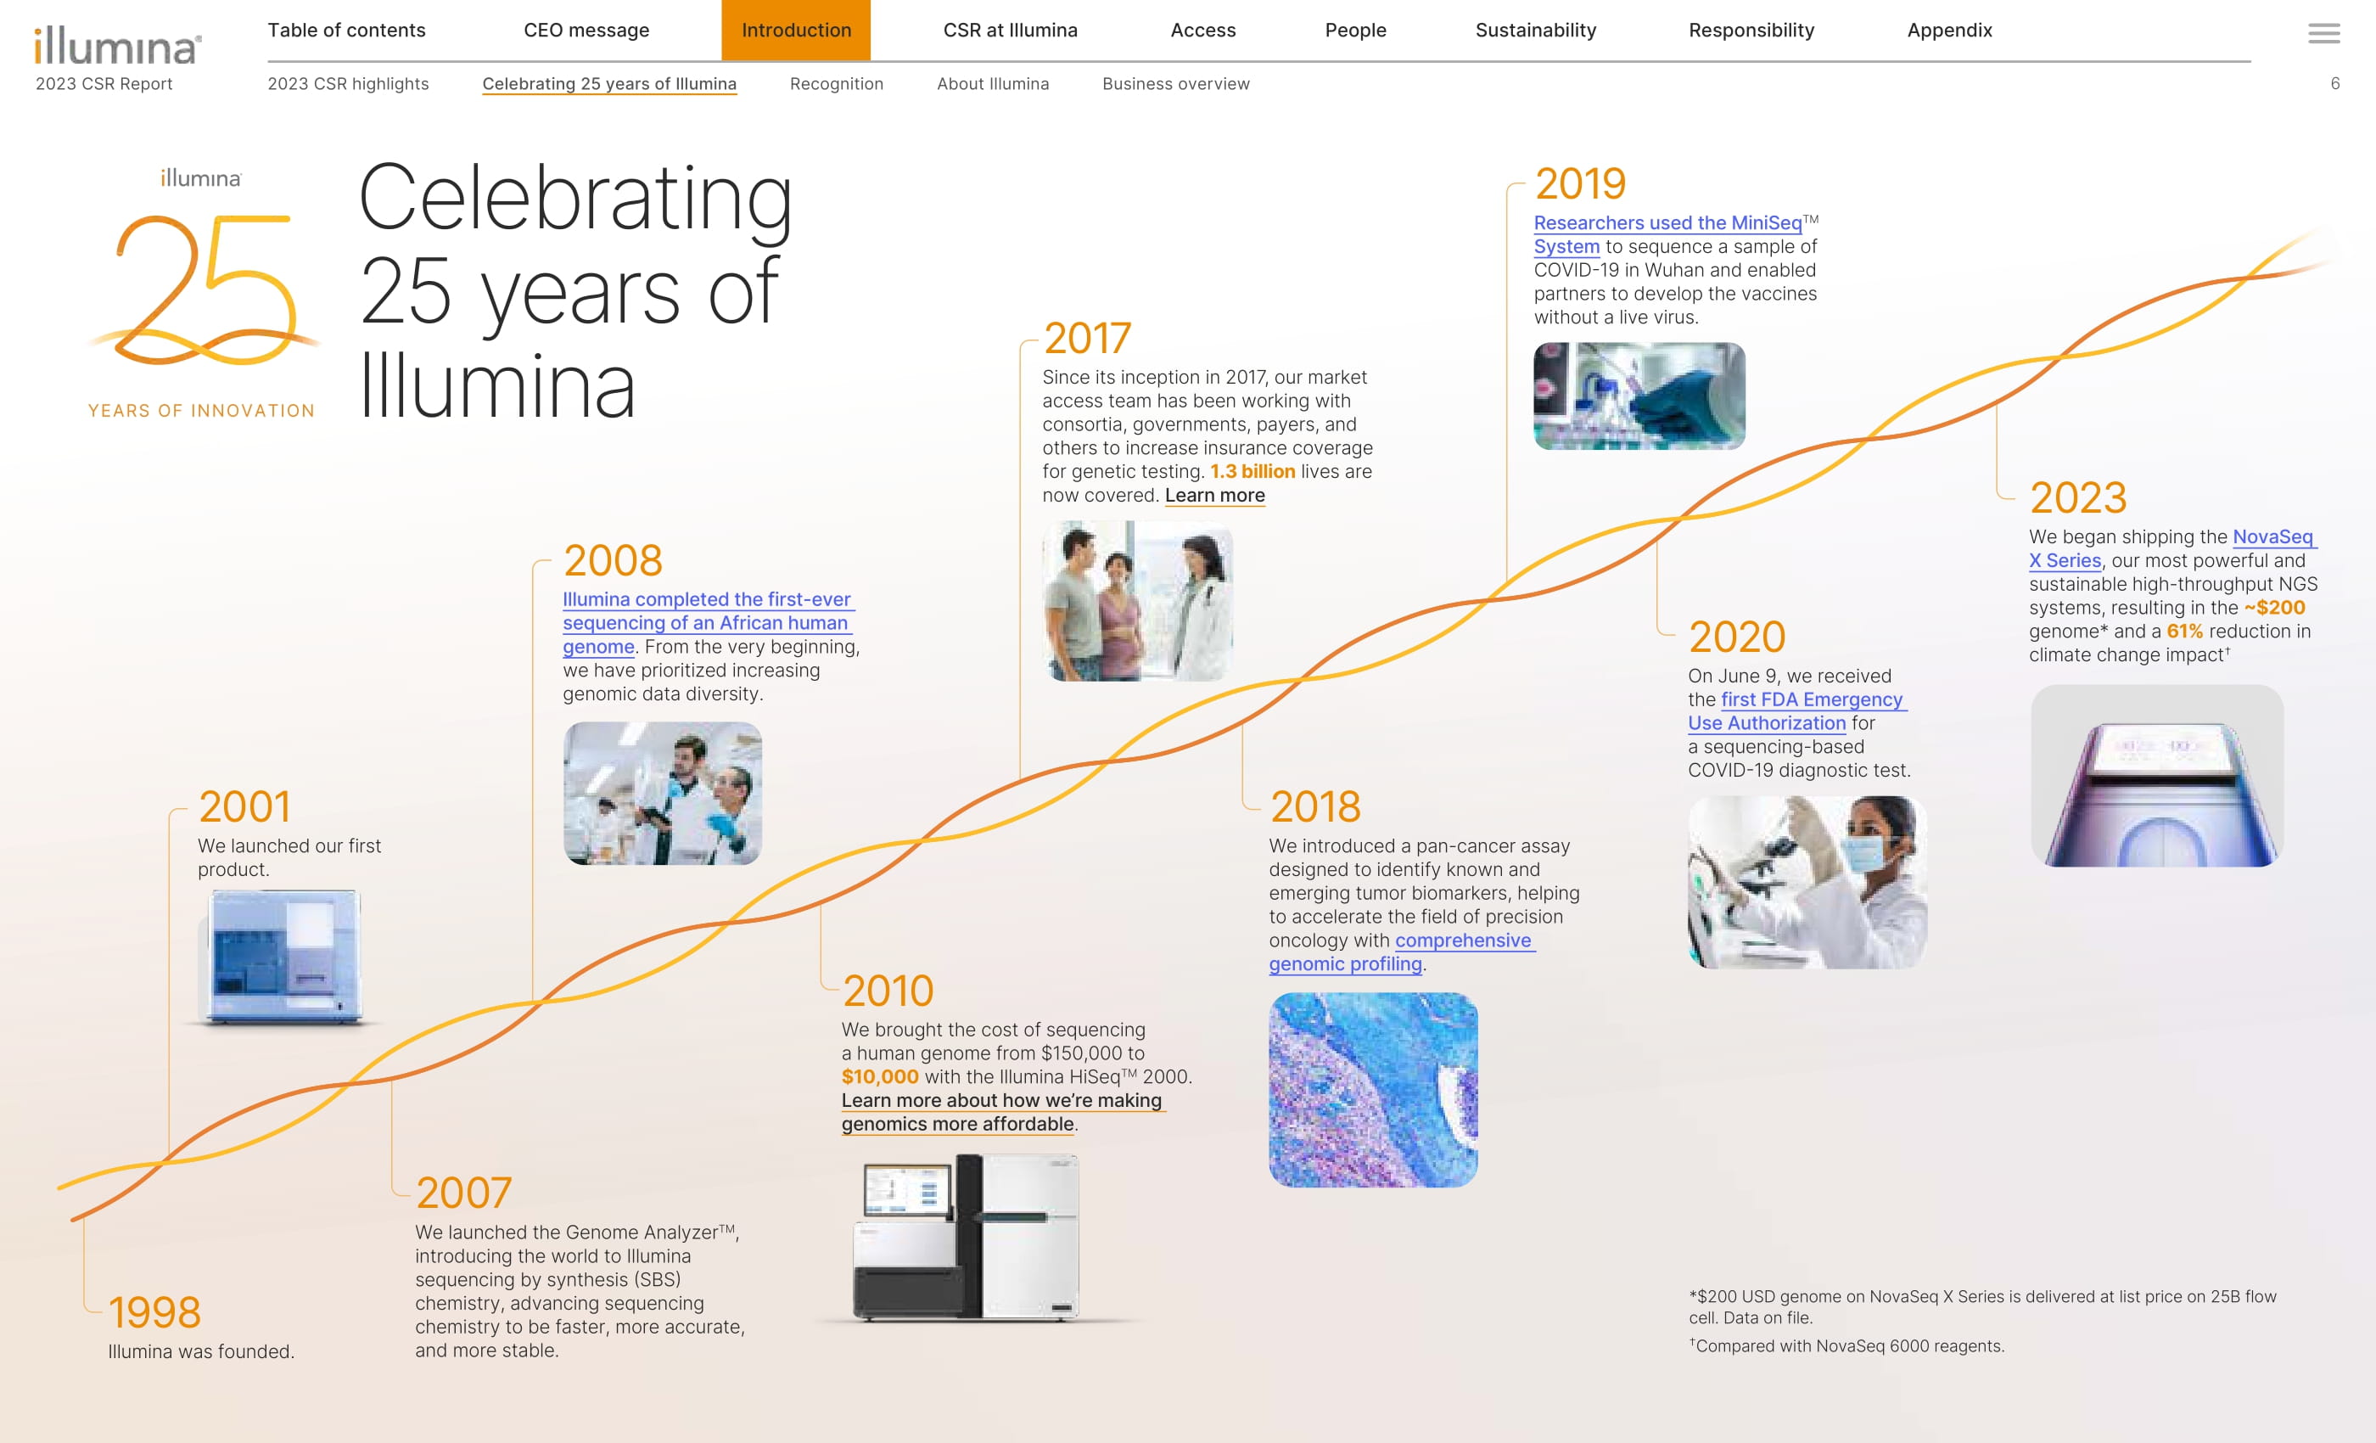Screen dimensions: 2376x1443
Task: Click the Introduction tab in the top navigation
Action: [x=796, y=30]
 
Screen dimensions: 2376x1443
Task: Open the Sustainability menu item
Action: [x=1535, y=30]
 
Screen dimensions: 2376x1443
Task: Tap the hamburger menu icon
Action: [x=2323, y=34]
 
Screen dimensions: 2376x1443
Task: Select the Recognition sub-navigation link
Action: [x=836, y=84]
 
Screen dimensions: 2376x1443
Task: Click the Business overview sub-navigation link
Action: [x=1175, y=84]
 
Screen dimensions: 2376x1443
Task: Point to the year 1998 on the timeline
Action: [x=154, y=1311]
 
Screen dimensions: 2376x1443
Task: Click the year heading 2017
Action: [x=1087, y=338]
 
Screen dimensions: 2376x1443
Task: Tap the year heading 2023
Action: [x=2078, y=497]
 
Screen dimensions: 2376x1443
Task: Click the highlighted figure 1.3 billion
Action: [x=1252, y=472]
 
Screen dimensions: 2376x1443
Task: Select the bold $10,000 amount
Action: [x=879, y=1076]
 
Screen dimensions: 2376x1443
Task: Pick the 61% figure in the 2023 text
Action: [x=2184, y=631]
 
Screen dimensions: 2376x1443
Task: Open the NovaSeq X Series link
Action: [x=2171, y=547]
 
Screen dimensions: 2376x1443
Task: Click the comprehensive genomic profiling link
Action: [x=1400, y=952]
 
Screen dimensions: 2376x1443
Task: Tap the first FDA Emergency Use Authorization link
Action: [x=1796, y=711]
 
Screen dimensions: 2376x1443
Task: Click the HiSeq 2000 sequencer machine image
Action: [x=967, y=1238]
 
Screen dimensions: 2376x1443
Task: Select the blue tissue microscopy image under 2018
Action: [x=1373, y=1090]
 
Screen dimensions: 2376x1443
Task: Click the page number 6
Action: [x=2334, y=84]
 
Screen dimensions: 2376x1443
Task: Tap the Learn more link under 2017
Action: [x=1215, y=496]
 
